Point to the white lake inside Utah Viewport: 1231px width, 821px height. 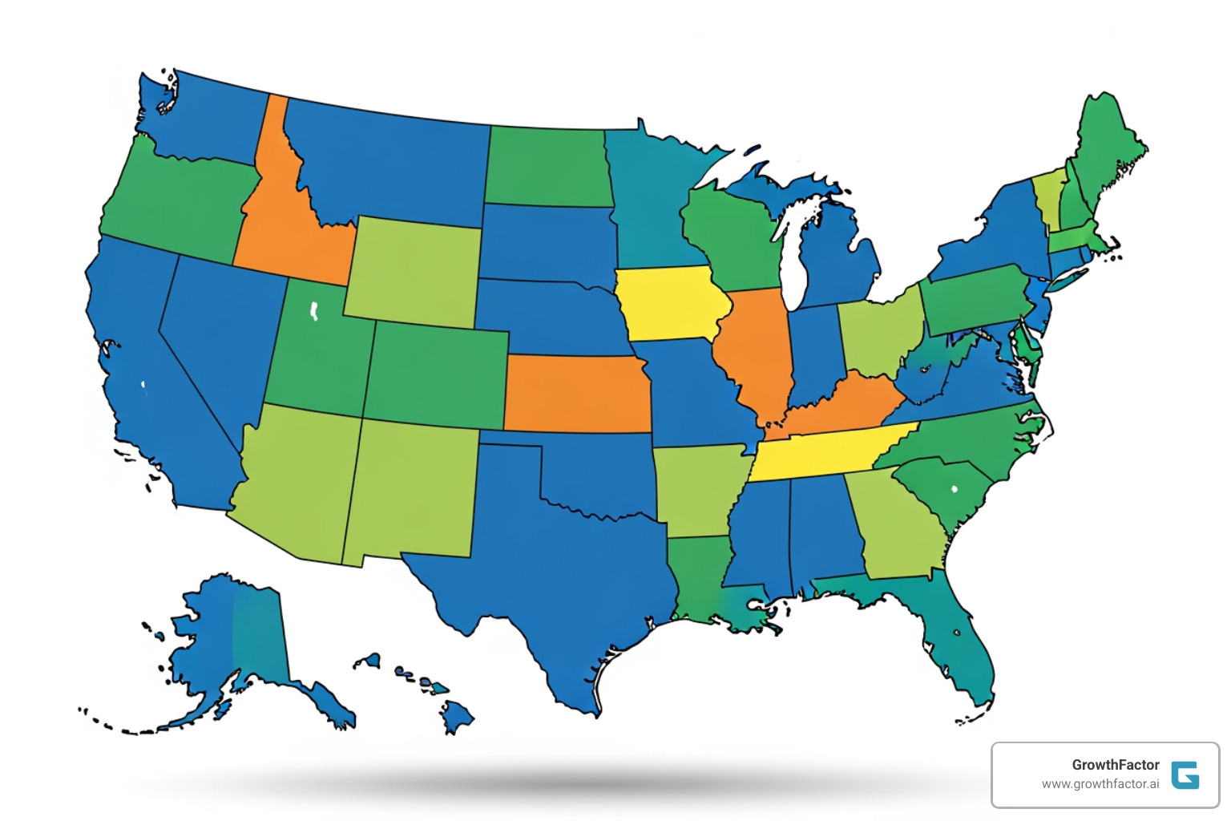[x=314, y=310]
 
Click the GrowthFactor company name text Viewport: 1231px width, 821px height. [x=1115, y=765]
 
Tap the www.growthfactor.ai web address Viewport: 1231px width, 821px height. [x=1100, y=784]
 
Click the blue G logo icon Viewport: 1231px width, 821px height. [x=1185, y=774]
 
